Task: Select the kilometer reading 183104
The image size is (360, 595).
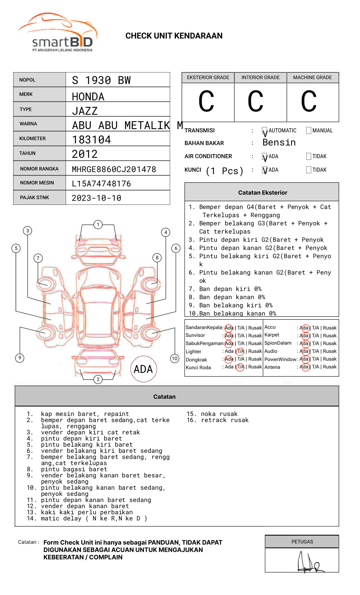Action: pos(91,140)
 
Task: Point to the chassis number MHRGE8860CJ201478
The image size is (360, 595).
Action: pos(114,169)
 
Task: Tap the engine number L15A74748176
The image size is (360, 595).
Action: pos(101,184)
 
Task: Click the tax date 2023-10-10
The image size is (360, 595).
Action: pos(96,198)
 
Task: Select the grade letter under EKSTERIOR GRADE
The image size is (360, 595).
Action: pos(206,102)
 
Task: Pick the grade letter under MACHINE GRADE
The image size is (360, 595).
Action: pos(308,102)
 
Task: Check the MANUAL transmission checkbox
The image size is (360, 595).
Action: pos(309,131)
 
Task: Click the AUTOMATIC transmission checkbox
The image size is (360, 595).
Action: pos(265,131)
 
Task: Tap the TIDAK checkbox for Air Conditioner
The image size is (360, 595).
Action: pos(309,157)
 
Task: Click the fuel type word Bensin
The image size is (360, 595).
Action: pos(279,143)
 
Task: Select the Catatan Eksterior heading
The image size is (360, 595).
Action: pos(262,193)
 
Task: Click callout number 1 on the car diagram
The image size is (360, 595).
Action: pos(98,225)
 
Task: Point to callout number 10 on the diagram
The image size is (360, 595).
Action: pos(175,359)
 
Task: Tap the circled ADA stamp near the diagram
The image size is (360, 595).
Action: pos(143,369)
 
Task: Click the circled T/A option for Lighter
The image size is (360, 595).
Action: pos(240,351)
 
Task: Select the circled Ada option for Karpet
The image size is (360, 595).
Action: pos(304,336)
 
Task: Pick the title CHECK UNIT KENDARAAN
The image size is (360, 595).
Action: pos(174,36)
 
